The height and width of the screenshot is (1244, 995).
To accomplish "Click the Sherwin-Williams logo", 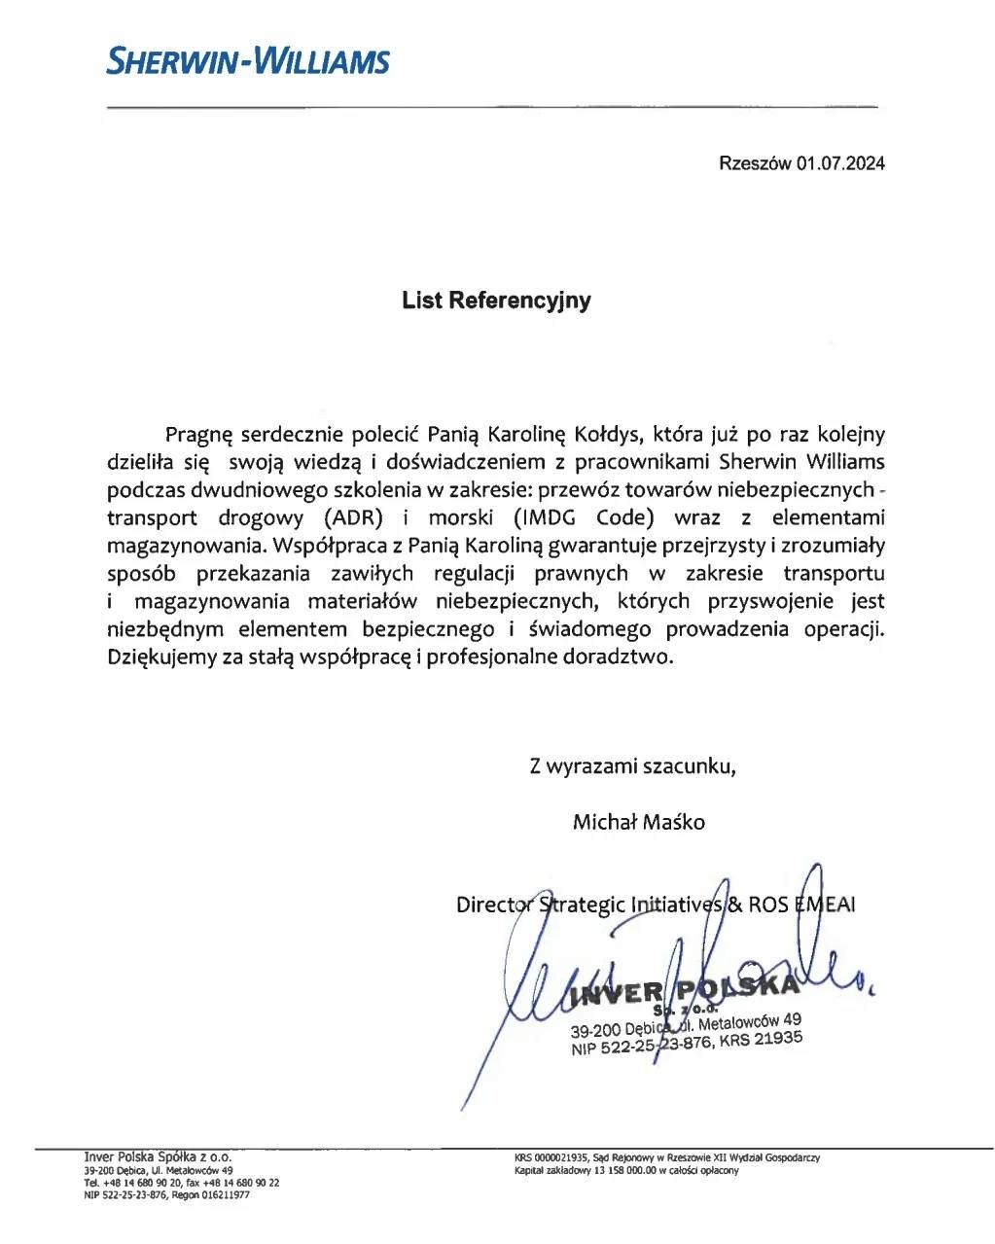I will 248,61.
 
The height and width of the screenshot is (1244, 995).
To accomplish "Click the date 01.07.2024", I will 840,163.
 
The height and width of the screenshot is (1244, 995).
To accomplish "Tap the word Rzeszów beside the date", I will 755,163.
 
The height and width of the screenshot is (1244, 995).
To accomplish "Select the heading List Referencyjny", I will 496,301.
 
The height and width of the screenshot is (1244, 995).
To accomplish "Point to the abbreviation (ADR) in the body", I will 351,518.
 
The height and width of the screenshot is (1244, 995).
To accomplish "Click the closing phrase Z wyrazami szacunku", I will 632,766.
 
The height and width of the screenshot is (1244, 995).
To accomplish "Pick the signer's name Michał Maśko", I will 639,822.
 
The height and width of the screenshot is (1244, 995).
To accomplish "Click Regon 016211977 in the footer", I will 211,1195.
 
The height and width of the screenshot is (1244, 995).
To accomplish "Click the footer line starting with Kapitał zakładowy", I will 626,1171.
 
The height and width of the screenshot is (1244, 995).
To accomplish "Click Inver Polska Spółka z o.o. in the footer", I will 158,1157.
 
